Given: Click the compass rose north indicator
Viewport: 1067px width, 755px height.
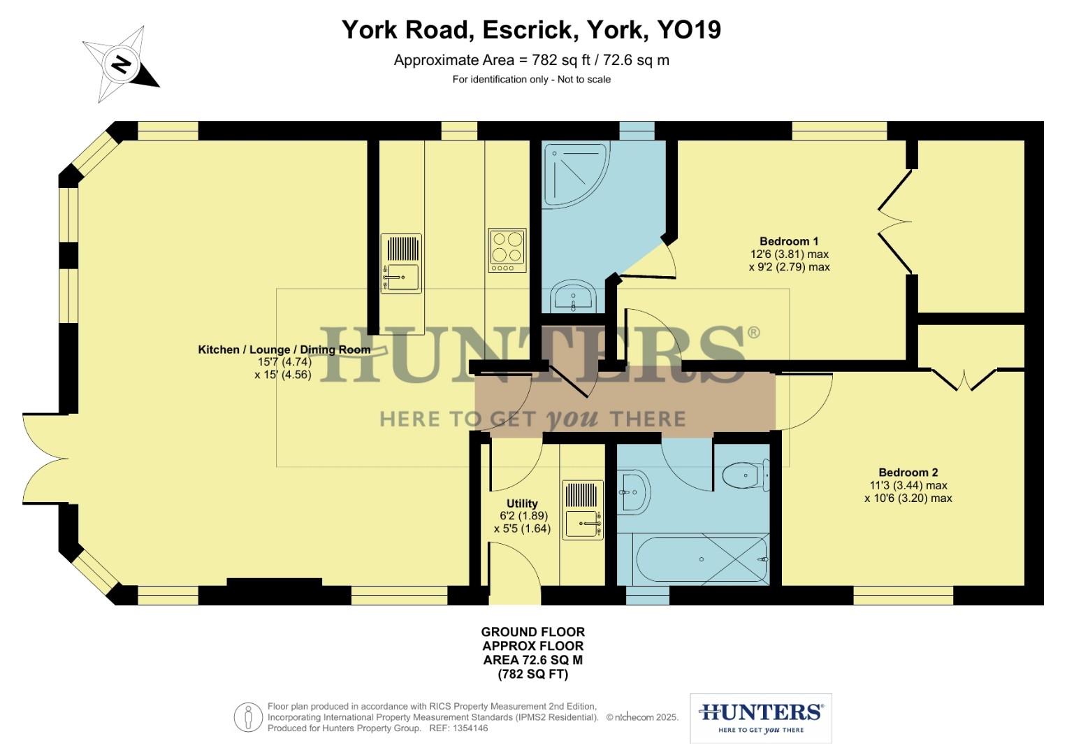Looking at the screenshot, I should click(x=122, y=64).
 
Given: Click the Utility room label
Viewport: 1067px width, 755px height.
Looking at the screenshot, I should click(x=522, y=503).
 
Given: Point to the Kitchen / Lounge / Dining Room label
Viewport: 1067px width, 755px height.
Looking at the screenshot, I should click(x=284, y=350).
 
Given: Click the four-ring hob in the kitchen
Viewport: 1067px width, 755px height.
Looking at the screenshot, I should click(x=507, y=250).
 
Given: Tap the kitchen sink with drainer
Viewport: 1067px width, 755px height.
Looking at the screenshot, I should click(x=401, y=264).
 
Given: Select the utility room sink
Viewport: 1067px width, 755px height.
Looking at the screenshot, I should click(x=583, y=510).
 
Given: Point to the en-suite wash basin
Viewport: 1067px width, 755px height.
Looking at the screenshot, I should click(x=573, y=297).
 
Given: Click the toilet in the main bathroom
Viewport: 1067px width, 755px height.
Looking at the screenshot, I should click(x=745, y=476).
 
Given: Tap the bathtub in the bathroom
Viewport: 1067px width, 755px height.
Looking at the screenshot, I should click(x=702, y=559).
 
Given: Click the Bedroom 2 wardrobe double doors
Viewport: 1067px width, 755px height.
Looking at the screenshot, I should click(x=964, y=380).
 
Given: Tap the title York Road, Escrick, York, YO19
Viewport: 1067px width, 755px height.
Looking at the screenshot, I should click(x=531, y=30).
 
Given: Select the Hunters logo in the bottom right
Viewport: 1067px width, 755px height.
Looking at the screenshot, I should click(x=760, y=718).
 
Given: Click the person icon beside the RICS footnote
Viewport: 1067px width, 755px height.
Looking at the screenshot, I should click(x=247, y=717).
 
